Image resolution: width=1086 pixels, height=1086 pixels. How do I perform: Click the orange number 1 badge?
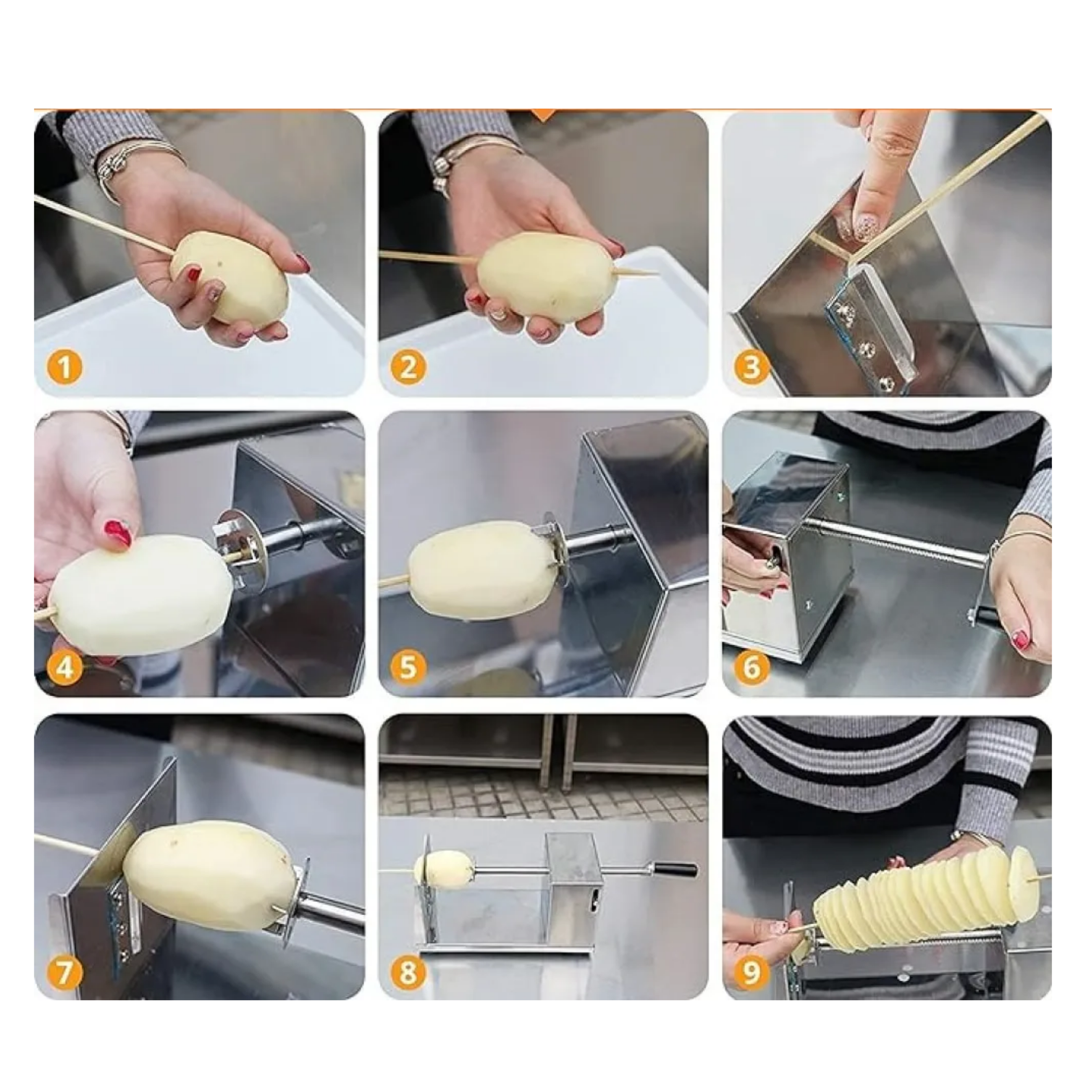[x=64, y=367]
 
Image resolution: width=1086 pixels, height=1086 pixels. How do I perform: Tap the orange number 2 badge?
[x=408, y=367]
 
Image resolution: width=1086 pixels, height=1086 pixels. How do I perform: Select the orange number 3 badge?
[x=752, y=367]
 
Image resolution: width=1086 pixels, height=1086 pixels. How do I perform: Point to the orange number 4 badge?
[x=64, y=667]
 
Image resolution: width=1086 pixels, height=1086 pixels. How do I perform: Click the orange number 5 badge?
[x=408, y=667]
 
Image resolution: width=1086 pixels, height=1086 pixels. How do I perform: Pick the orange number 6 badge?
[x=752, y=667]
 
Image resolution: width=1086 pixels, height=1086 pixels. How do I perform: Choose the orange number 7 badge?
[x=64, y=971]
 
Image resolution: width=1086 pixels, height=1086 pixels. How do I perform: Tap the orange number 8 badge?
[x=408, y=971]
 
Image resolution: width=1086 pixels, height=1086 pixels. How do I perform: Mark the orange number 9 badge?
[x=752, y=971]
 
